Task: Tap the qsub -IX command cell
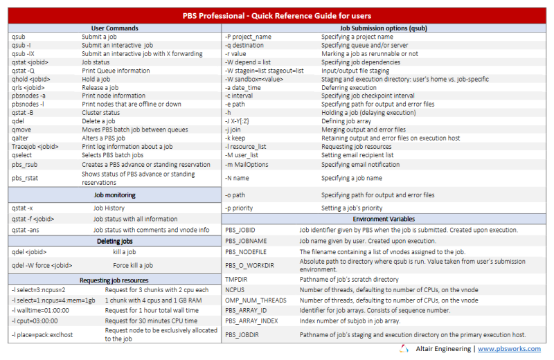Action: pos(24,53)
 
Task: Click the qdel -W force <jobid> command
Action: pos(42,264)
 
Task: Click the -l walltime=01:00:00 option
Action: pos(41,311)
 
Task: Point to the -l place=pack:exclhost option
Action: pos(45,335)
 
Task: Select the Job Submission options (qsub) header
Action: pos(388,28)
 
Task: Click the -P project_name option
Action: pos(249,36)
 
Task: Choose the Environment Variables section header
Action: pos(388,218)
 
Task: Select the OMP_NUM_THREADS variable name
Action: pos(255,300)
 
